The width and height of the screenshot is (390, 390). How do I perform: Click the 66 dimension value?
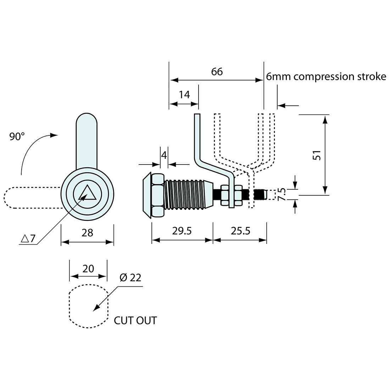217,72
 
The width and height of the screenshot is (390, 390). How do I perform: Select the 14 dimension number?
184,95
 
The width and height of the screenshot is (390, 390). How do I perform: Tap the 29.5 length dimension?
182,231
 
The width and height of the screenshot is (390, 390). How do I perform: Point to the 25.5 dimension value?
240,231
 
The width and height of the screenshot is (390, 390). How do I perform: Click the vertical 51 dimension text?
317,155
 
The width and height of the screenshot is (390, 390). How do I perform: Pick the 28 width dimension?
87,233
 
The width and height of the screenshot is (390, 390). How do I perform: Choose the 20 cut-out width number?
88,269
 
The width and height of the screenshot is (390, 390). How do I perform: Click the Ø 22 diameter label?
130,278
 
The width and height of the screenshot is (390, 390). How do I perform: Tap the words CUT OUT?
135,321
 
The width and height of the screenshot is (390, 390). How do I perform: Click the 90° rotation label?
17,136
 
